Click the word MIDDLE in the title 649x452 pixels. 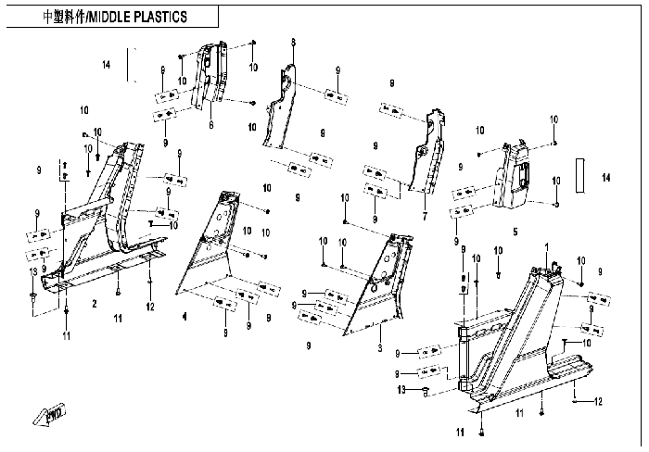[109, 17]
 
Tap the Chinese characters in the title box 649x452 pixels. [64, 17]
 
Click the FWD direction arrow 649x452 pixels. [50, 415]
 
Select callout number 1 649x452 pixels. [546, 247]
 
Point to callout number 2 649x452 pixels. [95, 304]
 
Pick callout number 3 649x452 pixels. [380, 347]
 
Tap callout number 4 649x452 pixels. [185, 317]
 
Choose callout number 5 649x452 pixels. [515, 232]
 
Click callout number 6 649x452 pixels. [211, 124]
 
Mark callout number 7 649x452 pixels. [425, 216]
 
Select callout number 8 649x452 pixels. [294, 43]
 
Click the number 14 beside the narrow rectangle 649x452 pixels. [605, 178]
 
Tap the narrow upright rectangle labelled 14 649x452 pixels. [580, 175]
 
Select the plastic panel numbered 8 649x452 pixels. [280, 106]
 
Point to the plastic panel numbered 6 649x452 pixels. [210, 73]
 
